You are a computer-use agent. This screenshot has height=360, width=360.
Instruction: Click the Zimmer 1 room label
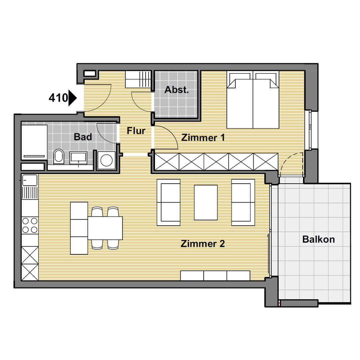coord(203,138)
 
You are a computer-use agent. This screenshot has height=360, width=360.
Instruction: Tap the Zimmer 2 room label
coord(203,244)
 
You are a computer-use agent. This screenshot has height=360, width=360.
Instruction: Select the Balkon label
coord(318,239)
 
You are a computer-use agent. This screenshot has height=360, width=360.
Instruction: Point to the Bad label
coord(83,137)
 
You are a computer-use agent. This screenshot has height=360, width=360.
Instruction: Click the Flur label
coord(136,131)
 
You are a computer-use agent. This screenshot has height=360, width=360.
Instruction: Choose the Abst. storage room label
coord(177,90)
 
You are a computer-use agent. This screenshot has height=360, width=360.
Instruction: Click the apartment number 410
coord(58,98)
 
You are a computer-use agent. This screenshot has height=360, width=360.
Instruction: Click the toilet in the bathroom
coord(59,157)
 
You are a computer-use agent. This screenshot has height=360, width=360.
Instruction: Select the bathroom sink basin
coord(78,157)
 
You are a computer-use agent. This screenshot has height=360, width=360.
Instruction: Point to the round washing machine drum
coord(107,160)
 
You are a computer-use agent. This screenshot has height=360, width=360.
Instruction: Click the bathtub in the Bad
coord(34,142)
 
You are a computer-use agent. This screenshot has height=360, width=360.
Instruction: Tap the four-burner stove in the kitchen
coord(30,225)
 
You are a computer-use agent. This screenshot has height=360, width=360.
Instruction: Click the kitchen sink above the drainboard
coord(30,180)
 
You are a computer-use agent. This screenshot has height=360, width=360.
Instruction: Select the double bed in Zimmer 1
coord(253,100)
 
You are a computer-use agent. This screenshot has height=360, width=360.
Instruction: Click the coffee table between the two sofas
coord(206,203)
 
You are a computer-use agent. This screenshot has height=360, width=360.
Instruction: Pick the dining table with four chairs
coord(105,228)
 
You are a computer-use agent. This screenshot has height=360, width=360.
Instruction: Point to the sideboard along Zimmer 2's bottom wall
coord(215,276)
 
